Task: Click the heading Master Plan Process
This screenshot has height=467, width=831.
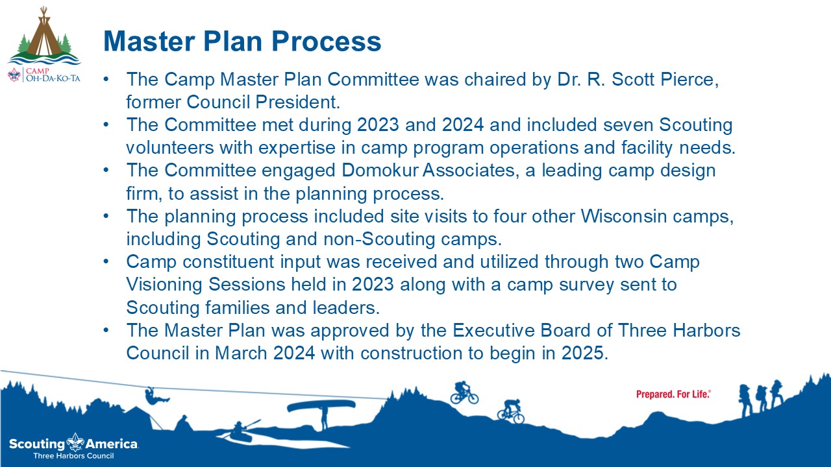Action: pos(242,41)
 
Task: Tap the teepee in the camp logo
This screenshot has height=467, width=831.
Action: pos(45,33)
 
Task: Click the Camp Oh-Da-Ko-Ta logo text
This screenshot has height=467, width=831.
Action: pos(53,75)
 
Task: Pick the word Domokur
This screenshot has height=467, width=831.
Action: pos(380,171)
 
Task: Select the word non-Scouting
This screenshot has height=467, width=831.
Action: pos(379,239)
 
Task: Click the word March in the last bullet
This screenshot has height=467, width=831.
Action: pos(241,353)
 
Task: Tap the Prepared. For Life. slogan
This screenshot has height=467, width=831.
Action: pos(673,394)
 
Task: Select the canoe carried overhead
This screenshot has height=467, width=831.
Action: pos(321,406)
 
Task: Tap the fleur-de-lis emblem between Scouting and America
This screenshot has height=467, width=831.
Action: pos(76,442)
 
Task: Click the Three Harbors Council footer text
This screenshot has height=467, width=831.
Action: pos(73,456)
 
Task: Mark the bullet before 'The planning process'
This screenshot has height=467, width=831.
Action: pos(106,216)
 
